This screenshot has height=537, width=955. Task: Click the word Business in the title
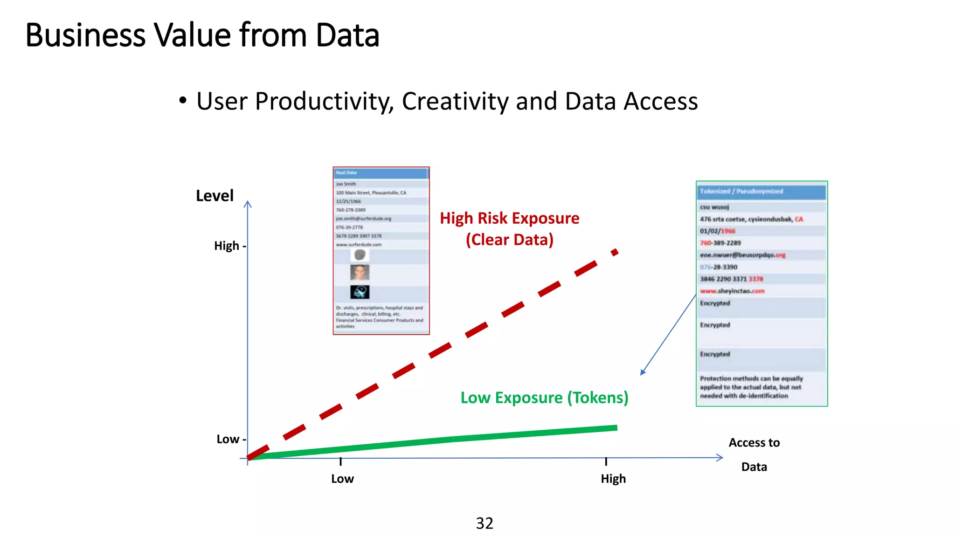pyautogui.click(x=85, y=35)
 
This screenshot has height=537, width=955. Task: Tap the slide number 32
pyautogui.click(x=484, y=523)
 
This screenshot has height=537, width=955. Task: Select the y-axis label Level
pyautogui.click(x=215, y=196)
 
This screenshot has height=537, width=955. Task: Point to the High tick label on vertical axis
pyautogui.click(x=227, y=246)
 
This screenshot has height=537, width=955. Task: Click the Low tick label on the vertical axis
pyautogui.click(x=228, y=439)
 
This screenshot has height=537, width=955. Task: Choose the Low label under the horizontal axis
pyautogui.click(x=342, y=479)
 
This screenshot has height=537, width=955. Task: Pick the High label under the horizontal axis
pyautogui.click(x=613, y=479)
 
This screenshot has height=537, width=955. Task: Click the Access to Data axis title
pyautogui.click(x=754, y=454)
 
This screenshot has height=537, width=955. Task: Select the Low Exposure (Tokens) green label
pyautogui.click(x=544, y=398)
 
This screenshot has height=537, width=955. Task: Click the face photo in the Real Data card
pyautogui.click(x=360, y=272)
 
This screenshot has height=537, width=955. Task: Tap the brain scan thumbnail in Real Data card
pyautogui.click(x=360, y=292)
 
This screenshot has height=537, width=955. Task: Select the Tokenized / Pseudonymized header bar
pyautogui.click(x=761, y=192)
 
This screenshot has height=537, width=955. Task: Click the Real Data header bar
pyautogui.click(x=381, y=173)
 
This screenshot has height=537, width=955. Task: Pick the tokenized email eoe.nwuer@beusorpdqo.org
pyautogui.click(x=742, y=255)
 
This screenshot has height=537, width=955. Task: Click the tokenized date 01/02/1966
pyautogui.click(x=717, y=231)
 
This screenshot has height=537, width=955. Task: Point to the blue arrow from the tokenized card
pyautogui.click(x=668, y=335)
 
